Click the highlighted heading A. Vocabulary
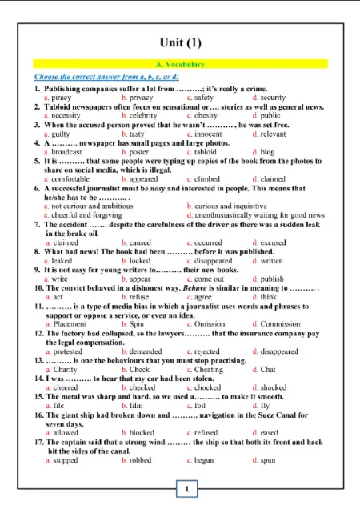179,64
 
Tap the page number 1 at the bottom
186,488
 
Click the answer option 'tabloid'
206,151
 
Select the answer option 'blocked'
141,433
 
